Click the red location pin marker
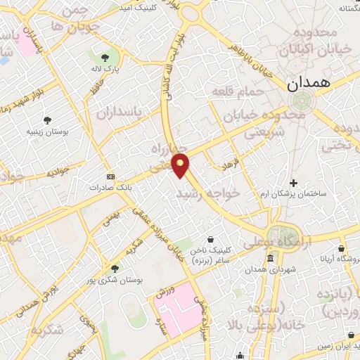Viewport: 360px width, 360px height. click(181, 165)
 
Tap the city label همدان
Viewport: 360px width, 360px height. click(307, 82)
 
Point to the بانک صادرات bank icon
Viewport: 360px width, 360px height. click(110, 176)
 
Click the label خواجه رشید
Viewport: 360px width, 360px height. click(208, 191)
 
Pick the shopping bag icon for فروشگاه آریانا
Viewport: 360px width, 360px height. click(342, 248)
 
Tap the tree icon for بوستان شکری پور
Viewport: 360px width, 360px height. click(115, 268)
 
